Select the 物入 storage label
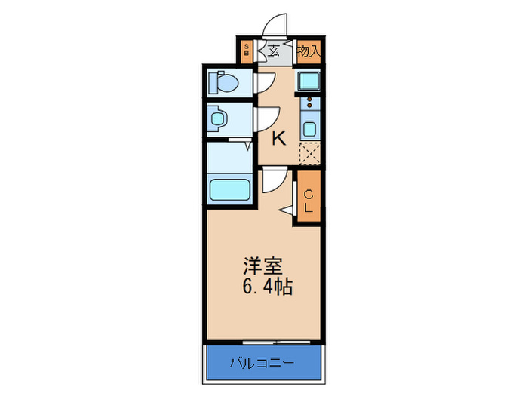pyautogui.click(x=308, y=52)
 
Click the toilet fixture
pyautogui.click(x=225, y=81)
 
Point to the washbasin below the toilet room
pyautogui.click(x=219, y=118)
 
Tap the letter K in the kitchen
pyautogui.click(x=278, y=138)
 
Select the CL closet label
pyautogui.click(x=308, y=200)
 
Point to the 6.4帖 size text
pyautogui.click(x=267, y=287)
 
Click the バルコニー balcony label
pyautogui.click(x=262, y=364)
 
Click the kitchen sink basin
pyautogui.click(x=309, y=127)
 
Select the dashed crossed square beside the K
pyautogui.click(x=309, y=154)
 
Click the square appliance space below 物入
pyautogui.click(x=308, y=81)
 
